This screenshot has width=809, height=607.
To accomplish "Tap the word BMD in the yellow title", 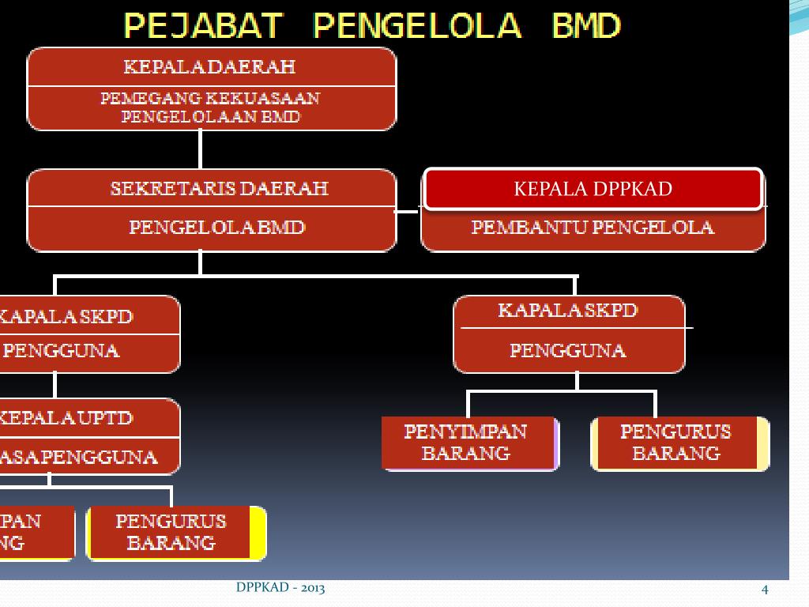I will click(x=585, y=26).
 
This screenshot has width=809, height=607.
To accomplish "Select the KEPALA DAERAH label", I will click(x=209, y=66).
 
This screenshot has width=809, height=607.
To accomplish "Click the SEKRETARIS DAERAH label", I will click(x=219, y=189).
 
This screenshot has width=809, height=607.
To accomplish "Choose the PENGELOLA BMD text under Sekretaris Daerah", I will click(x=216, y=228).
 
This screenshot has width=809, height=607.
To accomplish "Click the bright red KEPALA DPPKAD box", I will click(x=593, y=189).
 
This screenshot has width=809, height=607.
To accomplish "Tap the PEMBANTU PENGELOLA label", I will click(x=593, y=228).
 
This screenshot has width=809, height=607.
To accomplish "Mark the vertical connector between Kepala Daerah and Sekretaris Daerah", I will click(x=200, y=149).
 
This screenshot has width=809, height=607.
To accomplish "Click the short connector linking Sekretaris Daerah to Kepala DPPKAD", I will click(x=408, y=211).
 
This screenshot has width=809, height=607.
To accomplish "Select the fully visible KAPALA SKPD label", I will click(x=567, y=311).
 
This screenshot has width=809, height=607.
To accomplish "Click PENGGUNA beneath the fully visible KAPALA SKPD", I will click(x=567, y=350).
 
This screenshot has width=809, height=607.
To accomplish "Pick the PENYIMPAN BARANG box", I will click(x=469, y=443).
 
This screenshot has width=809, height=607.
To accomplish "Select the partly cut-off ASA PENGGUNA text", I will click(x=79, y=457).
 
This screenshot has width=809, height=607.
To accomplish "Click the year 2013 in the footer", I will click(x=311, y=588).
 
